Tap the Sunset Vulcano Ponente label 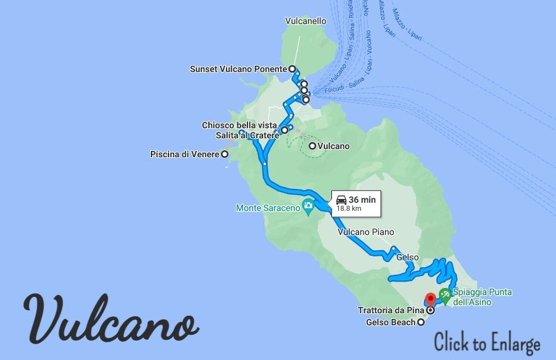click(x=239, y=69)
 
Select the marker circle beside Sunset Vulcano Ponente click(x=292, y=69)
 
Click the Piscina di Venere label click(x=184, y=154)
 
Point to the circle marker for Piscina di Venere click(x=225, y=154)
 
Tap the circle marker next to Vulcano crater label click(x=312, y=146)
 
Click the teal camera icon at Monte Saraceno click(x=308, y=205)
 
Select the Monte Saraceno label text click(x=268, y=207)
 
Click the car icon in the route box click(x=341, y=200)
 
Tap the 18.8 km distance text click(x=349, y=208)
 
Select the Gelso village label click(x=407, y=257)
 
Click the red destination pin click(x=430, y=299)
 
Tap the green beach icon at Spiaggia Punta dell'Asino click(x=445, y=293)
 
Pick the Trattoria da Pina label click(x=391, y=310)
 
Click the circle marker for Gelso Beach click(x=421, y=323)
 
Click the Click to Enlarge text click(x=487, y=343)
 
